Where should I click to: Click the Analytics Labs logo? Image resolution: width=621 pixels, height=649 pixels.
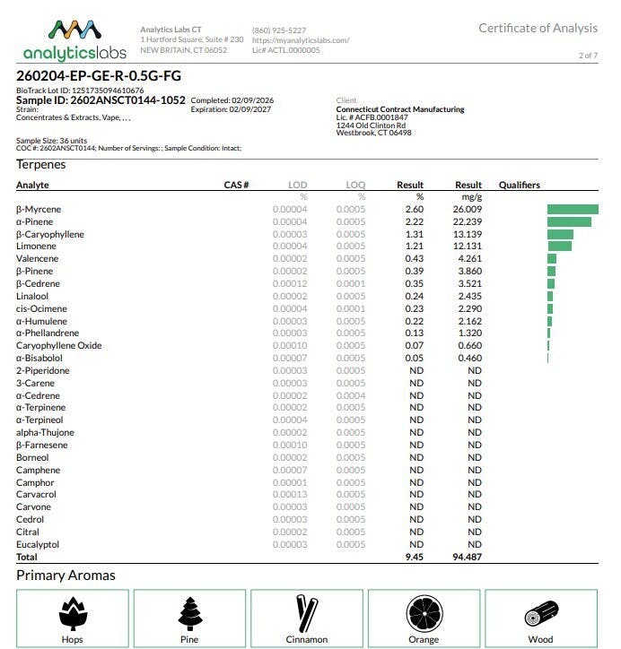point(74,39)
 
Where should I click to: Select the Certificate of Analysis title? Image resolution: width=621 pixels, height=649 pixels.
point(538,28)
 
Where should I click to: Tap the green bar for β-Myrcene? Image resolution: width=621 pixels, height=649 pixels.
point(572,210)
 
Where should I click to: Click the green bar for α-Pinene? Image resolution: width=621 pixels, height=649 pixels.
point(569,221)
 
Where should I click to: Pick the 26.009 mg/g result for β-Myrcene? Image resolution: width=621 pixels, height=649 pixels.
point(468,210)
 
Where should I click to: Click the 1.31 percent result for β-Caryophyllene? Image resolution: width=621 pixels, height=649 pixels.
point(413,234)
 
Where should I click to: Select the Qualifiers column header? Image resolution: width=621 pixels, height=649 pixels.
point(519,185)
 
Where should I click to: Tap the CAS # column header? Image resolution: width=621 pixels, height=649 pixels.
point(236,185)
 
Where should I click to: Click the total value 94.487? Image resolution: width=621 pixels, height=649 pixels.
point(467,557)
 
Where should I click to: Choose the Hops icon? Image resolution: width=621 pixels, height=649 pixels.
point(73,614)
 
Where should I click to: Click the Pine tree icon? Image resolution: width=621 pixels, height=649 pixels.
point(189,614)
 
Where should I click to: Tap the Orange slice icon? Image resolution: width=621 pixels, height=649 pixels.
point(424,614)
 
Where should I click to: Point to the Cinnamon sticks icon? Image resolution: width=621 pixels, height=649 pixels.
point(306,614)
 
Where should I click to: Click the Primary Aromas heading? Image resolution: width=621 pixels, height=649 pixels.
point(66,575)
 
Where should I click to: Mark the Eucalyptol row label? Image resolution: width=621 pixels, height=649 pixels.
point(38,544)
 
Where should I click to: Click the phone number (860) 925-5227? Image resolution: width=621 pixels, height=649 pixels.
point(279,30)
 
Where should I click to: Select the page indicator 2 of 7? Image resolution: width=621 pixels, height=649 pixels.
point(588,56)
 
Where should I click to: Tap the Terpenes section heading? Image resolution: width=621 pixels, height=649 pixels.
point(40,165)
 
